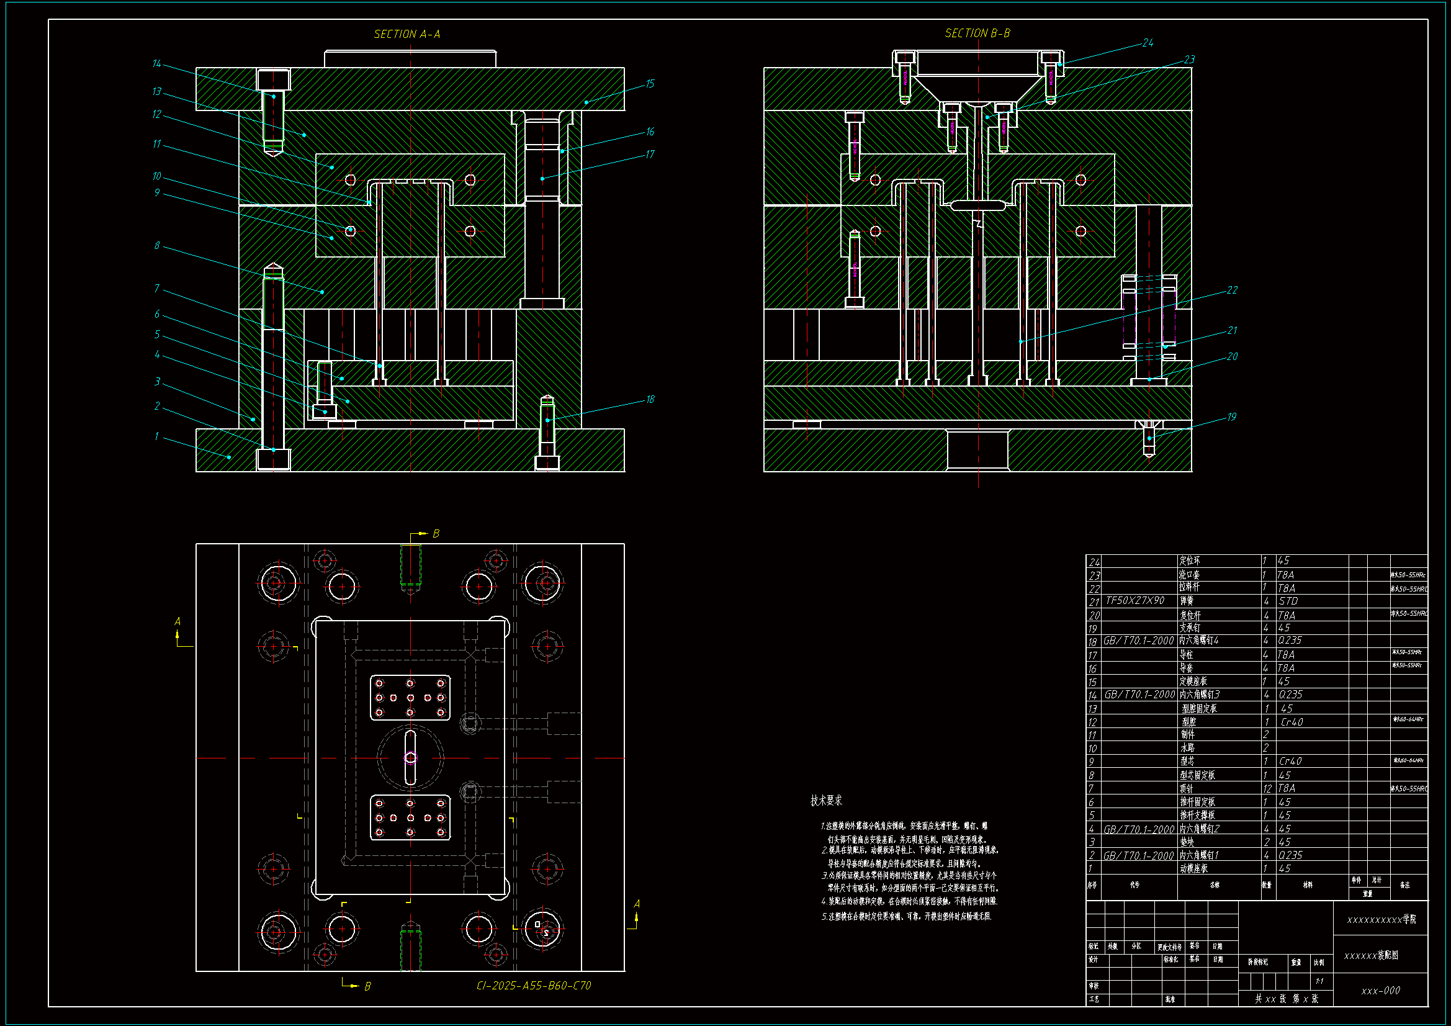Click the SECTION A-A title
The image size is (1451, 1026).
[x=407, y=34]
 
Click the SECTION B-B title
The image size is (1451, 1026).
[x=977, y=33]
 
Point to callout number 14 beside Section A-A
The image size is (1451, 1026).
[x=157, y=64]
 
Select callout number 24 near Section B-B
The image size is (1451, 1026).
[x=1148, y=43]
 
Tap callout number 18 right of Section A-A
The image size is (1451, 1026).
[x=650, y=400]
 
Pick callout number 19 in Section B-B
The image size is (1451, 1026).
[x=1231, y=417]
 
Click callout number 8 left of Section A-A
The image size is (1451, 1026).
[x=157, y=246]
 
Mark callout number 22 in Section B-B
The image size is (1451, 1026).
[x=1232, y=290]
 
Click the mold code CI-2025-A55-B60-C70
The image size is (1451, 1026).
[x=533, y=986]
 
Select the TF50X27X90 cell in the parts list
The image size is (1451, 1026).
[x=1135, y=601]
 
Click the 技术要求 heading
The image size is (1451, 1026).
[x=826, y=801]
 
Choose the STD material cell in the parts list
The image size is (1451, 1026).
[x=1288, y=601]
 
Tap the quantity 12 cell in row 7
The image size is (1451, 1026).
[x=1267, y=788]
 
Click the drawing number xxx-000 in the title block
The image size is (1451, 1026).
[x=1380, y=991]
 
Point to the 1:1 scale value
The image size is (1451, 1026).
[x=1319, y=981]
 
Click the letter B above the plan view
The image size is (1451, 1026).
[x=436, y=534]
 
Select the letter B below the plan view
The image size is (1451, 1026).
[x=367, y=986]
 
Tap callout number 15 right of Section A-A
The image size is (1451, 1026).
[x=650, y=84]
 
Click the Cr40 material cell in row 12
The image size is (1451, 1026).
[x=1292, y=722]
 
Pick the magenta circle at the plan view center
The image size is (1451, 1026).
[x=411, y=757]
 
